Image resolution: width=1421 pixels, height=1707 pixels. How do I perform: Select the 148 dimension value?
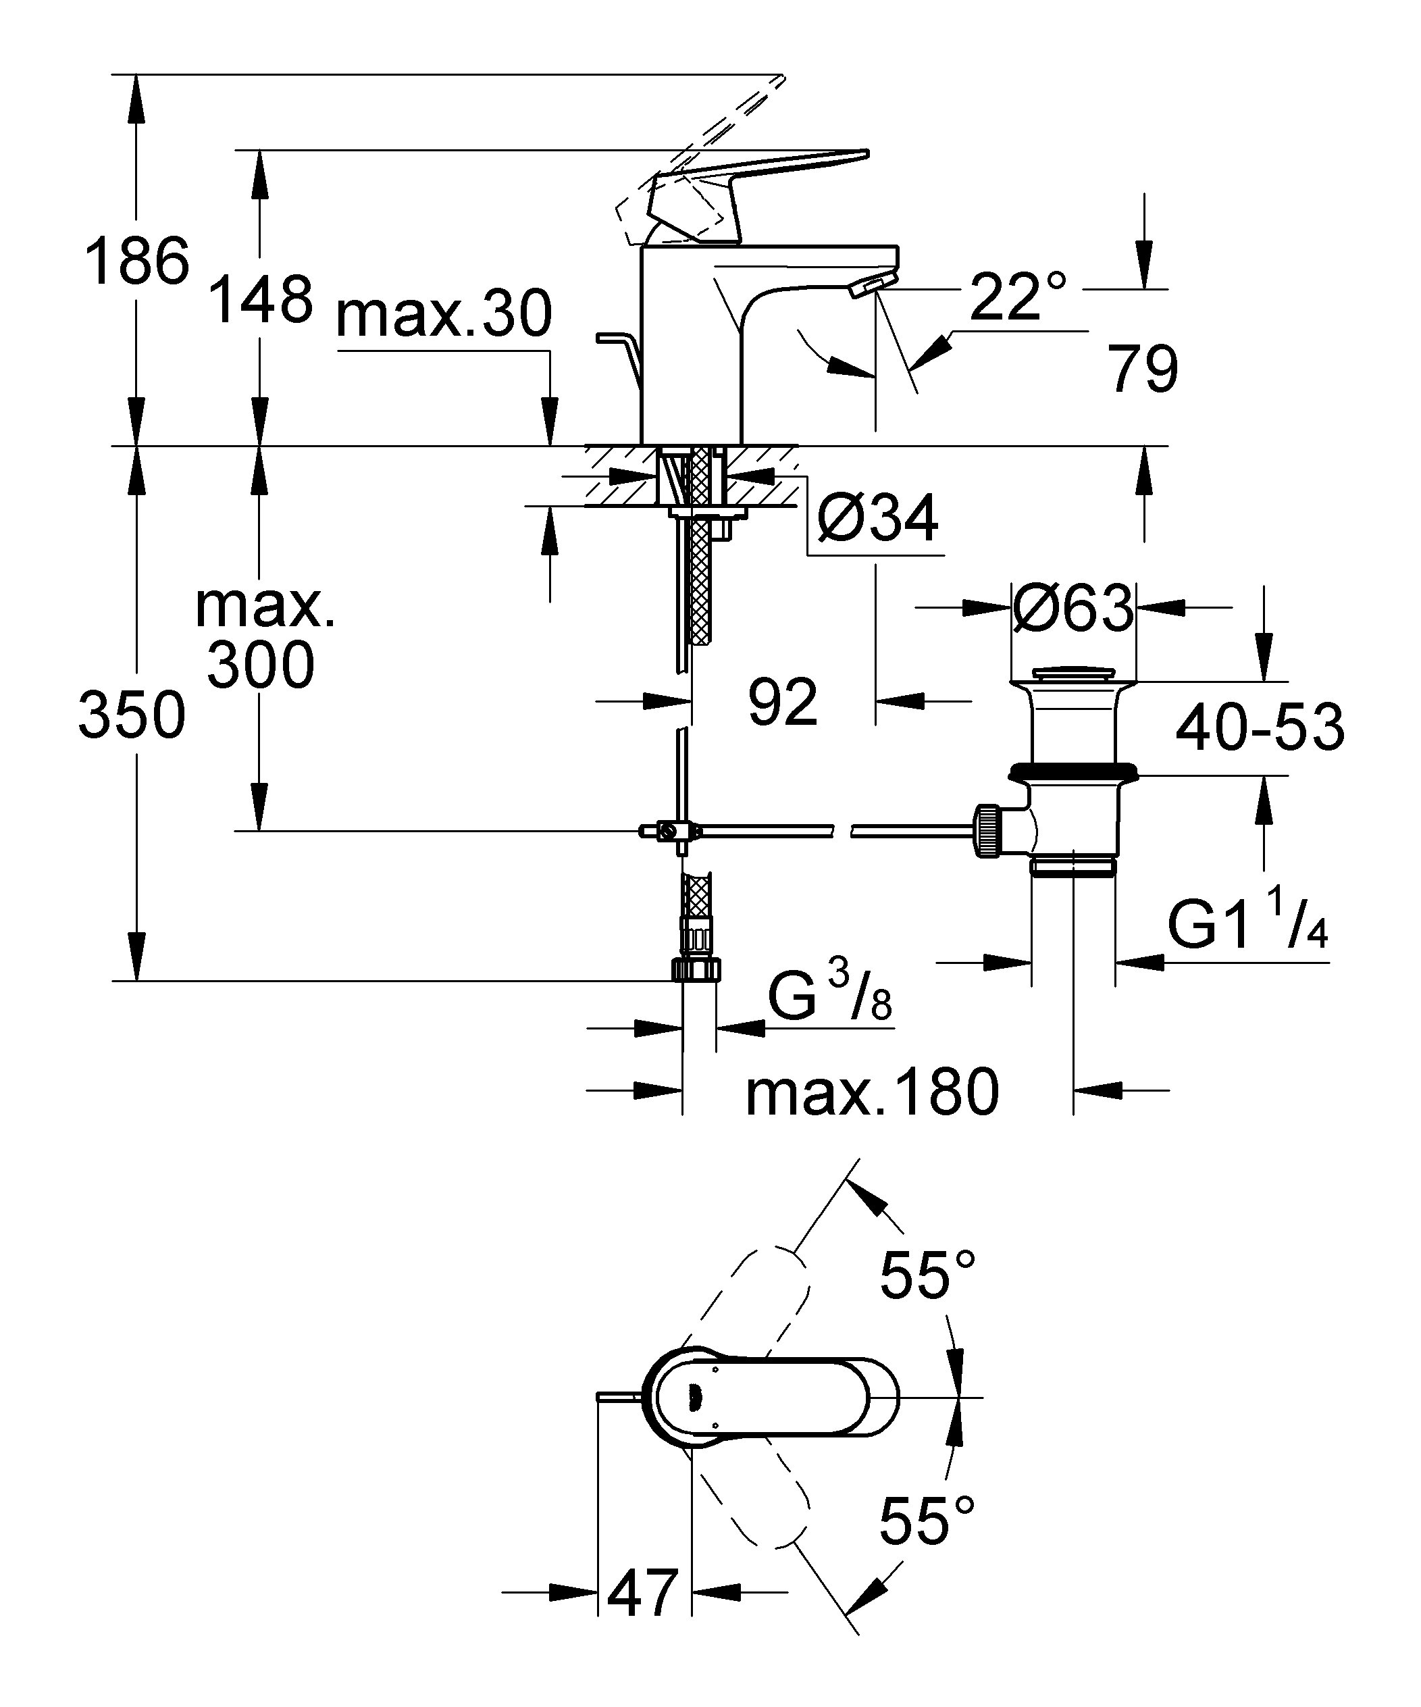(260, 299)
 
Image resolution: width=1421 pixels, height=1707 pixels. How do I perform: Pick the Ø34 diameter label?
(878, 518)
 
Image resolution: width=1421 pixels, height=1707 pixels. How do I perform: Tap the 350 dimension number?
(132, 716)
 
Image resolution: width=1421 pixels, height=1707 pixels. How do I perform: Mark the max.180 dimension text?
(873, 1092)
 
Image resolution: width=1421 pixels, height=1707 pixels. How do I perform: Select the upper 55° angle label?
(927, 1274)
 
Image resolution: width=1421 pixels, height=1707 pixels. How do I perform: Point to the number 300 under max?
(260, 664)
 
